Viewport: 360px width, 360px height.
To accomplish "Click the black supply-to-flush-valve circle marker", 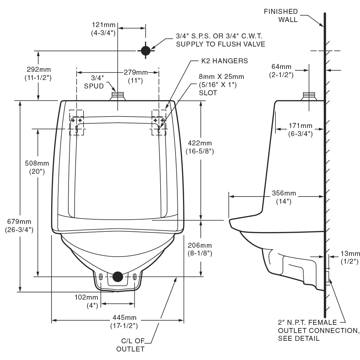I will tap(146, 50).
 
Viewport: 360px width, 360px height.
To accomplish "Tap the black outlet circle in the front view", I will tap(118, 276).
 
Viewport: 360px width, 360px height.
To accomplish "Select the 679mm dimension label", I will tap(19, 226).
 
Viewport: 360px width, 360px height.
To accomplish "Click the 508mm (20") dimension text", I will tap(37, 167).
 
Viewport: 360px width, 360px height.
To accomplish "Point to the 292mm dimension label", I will tap(38, 73).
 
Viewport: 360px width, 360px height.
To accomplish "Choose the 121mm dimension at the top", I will tap(104, 28).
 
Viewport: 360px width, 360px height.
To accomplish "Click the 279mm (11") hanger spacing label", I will tap(135, 76).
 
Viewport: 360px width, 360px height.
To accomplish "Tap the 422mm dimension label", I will tap(199, 147).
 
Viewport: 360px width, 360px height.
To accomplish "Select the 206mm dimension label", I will tap(199, 249).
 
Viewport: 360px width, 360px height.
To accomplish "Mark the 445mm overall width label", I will tap(124, 321).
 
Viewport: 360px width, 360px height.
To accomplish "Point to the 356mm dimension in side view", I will tap(284, 197).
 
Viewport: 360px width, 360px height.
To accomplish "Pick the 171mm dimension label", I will tap(300, 129).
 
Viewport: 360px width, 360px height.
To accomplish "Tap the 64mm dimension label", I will tap(281, 70).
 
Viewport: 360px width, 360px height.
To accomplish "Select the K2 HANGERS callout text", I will tap(219, 61).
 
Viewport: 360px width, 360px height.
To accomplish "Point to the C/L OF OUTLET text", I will tap(130, 345).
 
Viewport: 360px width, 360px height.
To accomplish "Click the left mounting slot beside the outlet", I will tap(101, 277).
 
